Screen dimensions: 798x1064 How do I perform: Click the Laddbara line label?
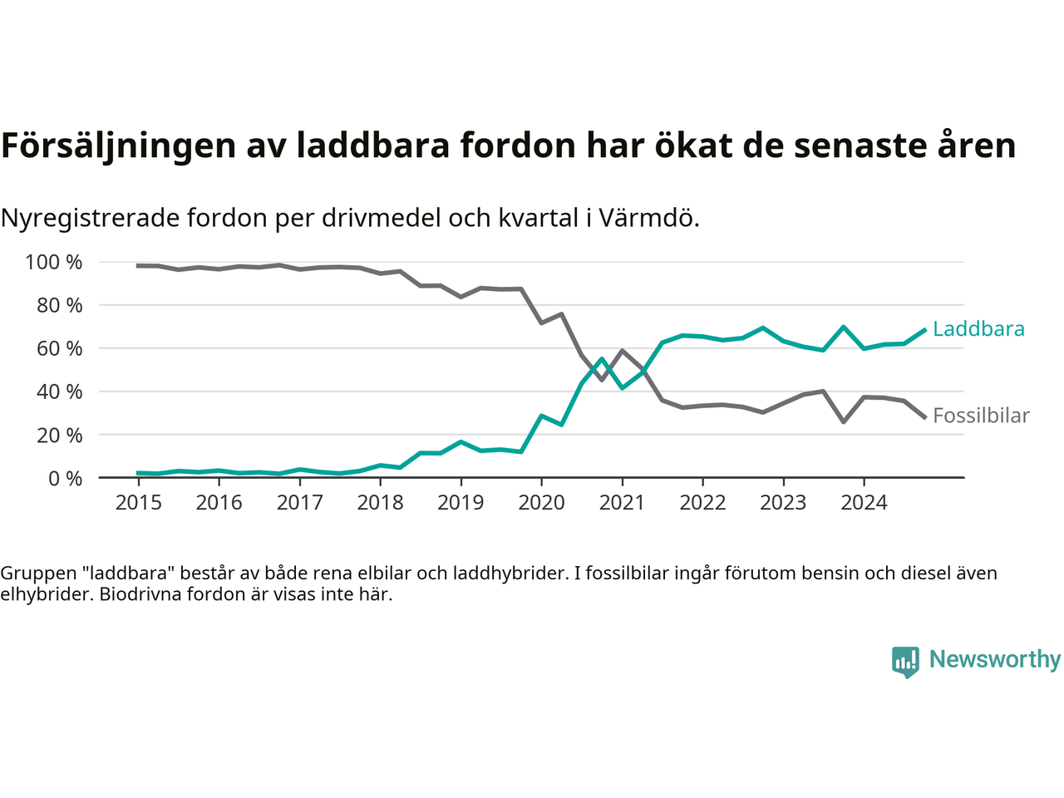(x=978, y=329)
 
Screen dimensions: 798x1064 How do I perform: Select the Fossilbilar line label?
(x=981, y=416)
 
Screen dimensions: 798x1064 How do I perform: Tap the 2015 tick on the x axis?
(x=138, y=502)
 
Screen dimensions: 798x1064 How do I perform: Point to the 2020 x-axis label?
(x=541, y=502)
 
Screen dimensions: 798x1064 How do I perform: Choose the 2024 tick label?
(x=864, y=502)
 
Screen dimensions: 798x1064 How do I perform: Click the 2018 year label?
(x=380, y=502)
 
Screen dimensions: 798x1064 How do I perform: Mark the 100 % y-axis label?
(x=54, y=263)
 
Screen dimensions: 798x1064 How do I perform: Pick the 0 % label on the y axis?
(x=65, y=478)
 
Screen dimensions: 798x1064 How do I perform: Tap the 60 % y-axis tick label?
(x=58, y=348)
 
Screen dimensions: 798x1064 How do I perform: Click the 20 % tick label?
(x=58, y=435)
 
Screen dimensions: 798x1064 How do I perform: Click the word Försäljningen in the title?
(x=119, y=145)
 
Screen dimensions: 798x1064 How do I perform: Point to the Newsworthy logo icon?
(x=905, y=662)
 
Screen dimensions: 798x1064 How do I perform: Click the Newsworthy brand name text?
(x=995, y=659)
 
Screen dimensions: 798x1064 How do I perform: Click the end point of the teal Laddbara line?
(x=924, y=330)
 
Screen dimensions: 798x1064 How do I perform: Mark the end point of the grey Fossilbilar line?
(x=924, y=417)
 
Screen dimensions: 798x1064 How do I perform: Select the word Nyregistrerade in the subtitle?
(x=90, y=218)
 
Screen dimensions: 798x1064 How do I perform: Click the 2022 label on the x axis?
(x=702, y=502)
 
